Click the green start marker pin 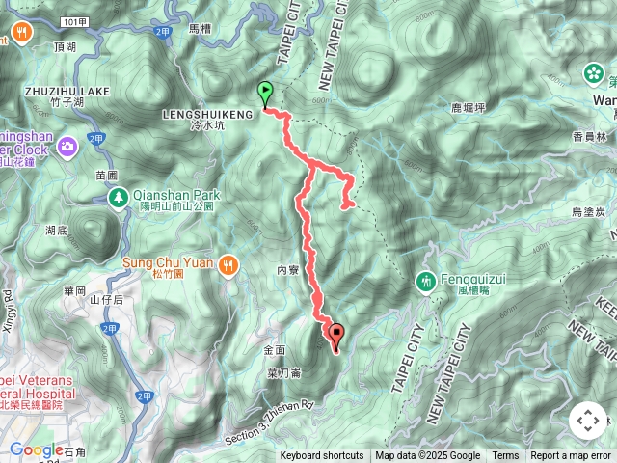tap(265, 94)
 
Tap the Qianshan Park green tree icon tap(117, 197)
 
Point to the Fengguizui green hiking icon tap(426, 282)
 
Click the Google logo tap(37, 449)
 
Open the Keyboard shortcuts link tap(322, 456)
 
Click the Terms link tap(505, 456)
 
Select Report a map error tap(571, 456)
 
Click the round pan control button tap(588, 421)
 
